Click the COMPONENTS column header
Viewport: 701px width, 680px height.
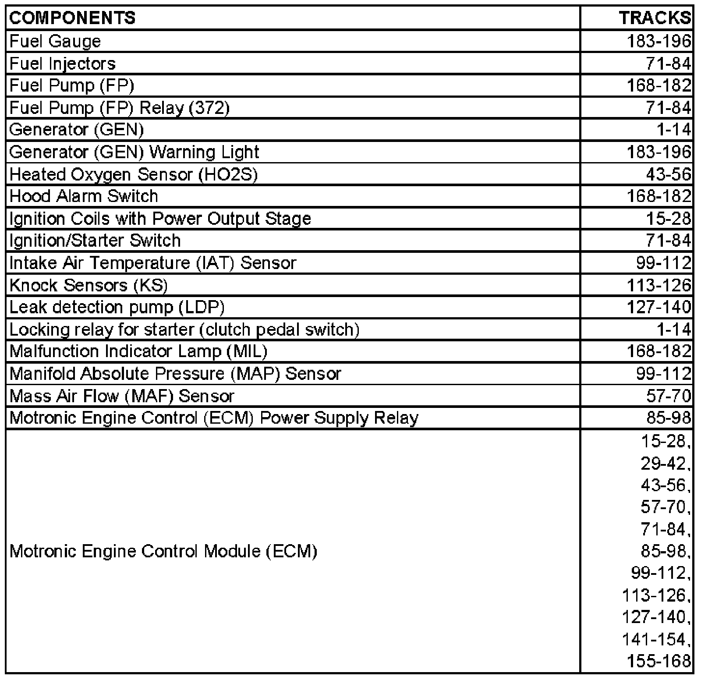[x=72, y=18]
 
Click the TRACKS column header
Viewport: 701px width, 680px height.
[x=655, y=18]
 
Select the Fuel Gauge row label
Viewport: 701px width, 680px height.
[x=55, y=41]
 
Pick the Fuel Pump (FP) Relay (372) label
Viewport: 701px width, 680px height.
[x=119, y=108]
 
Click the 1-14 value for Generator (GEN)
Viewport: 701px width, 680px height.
[x=673, y=130]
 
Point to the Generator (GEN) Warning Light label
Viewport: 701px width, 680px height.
[x=134, y=152]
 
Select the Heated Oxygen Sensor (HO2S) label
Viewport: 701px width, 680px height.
[x=133, y=174]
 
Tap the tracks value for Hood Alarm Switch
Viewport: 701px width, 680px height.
[x=659, y=196]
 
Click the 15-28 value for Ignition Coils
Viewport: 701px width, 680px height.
[x=669, y=218]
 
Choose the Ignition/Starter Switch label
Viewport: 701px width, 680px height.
[x=95, y=241]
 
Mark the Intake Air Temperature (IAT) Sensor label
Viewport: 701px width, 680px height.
[x=153, y=263]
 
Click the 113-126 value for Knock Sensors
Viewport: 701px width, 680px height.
[x=659, y=285]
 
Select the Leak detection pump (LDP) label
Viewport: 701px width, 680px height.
[x=117, y=307]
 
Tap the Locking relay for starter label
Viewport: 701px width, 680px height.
[x=184, y=329]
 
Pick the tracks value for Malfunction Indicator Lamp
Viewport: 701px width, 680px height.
[x=659, y=351]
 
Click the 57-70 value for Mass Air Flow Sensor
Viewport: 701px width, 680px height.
[x=669, y=396]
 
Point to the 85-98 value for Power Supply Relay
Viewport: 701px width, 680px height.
[x=669, y=418]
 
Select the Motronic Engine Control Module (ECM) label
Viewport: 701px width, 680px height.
[x=163, y=551]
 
